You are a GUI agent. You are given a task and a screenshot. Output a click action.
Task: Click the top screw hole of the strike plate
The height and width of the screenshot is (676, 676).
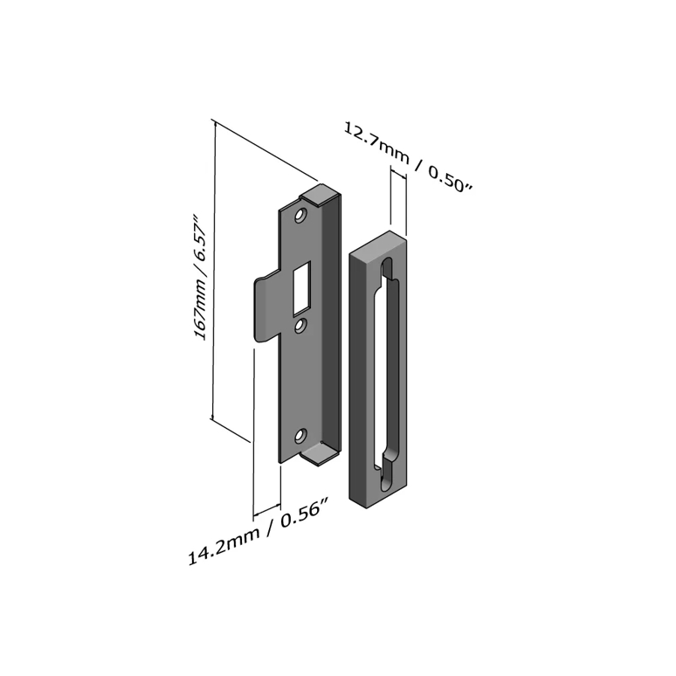[300, 215]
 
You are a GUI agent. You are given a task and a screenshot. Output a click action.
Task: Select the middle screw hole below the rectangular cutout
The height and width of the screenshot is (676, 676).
[300, 327]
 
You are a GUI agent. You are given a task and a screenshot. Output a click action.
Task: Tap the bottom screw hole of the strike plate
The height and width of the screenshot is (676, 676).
[300, 437]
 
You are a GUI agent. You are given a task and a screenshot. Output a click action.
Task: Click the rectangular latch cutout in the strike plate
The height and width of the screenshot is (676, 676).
[301, 289]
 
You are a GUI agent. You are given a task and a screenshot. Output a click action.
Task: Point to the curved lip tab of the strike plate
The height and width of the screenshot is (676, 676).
[266, 308]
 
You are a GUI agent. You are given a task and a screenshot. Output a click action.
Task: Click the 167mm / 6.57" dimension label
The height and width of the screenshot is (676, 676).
[201, 277]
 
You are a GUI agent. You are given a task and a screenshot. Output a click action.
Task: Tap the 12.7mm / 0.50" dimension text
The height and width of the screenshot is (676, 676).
[408, 157]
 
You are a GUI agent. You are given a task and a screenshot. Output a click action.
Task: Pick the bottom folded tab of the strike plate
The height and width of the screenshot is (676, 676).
[318, 455]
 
